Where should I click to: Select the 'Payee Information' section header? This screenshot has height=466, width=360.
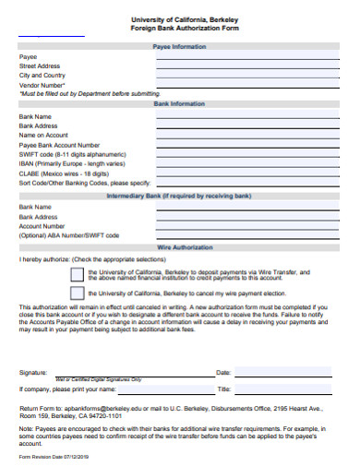pos(179,45)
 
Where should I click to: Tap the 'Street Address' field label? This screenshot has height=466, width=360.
pos(40,66)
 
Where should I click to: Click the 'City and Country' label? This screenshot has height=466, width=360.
pos(42,75)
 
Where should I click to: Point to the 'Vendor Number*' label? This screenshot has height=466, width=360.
pos(42,84)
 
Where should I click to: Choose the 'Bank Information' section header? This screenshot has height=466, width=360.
pos(179,104)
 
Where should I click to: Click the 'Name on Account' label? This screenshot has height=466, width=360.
pos(43,135)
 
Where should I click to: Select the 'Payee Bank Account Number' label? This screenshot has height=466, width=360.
pos(59,145)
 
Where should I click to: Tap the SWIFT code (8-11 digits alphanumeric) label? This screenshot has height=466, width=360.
pos(72,154)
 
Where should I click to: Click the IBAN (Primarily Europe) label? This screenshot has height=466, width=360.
pos(71,163)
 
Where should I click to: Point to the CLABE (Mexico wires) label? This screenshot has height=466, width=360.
pos(68,173)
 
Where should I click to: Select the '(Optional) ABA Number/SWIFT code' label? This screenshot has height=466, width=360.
pos(69,235)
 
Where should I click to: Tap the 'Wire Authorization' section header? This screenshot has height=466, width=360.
pos(179,248)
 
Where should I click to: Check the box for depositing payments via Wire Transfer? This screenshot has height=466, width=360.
pos(77,274)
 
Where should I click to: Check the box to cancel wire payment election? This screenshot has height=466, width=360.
pos(77,293)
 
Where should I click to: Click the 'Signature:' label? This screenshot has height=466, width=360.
pos(33,373)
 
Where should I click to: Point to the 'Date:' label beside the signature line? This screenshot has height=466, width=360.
pos(222,373)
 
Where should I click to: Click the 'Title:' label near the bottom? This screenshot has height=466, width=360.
pos(223,389)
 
